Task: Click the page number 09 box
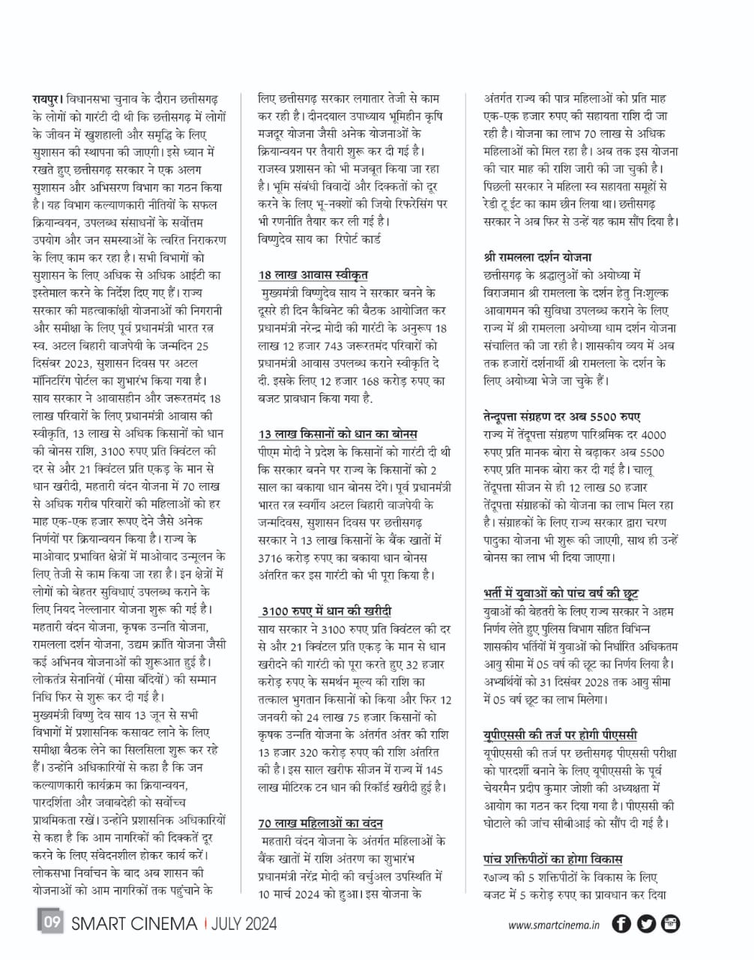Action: click(51, 922)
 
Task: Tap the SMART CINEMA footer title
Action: click(134, 923)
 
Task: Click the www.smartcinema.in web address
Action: click(554, 925)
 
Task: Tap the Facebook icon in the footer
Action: click(621, 924)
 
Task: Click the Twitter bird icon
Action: click(647, 924)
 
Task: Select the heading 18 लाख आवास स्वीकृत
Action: click(313, 274)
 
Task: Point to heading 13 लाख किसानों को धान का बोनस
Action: click(338, 434)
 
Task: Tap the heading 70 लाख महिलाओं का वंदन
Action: click(321, 823)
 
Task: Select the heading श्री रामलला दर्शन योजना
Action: click(537, 257)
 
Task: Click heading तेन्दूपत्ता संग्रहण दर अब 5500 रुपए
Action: click(562, 417)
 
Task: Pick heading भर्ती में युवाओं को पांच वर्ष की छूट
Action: click(561, 593)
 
